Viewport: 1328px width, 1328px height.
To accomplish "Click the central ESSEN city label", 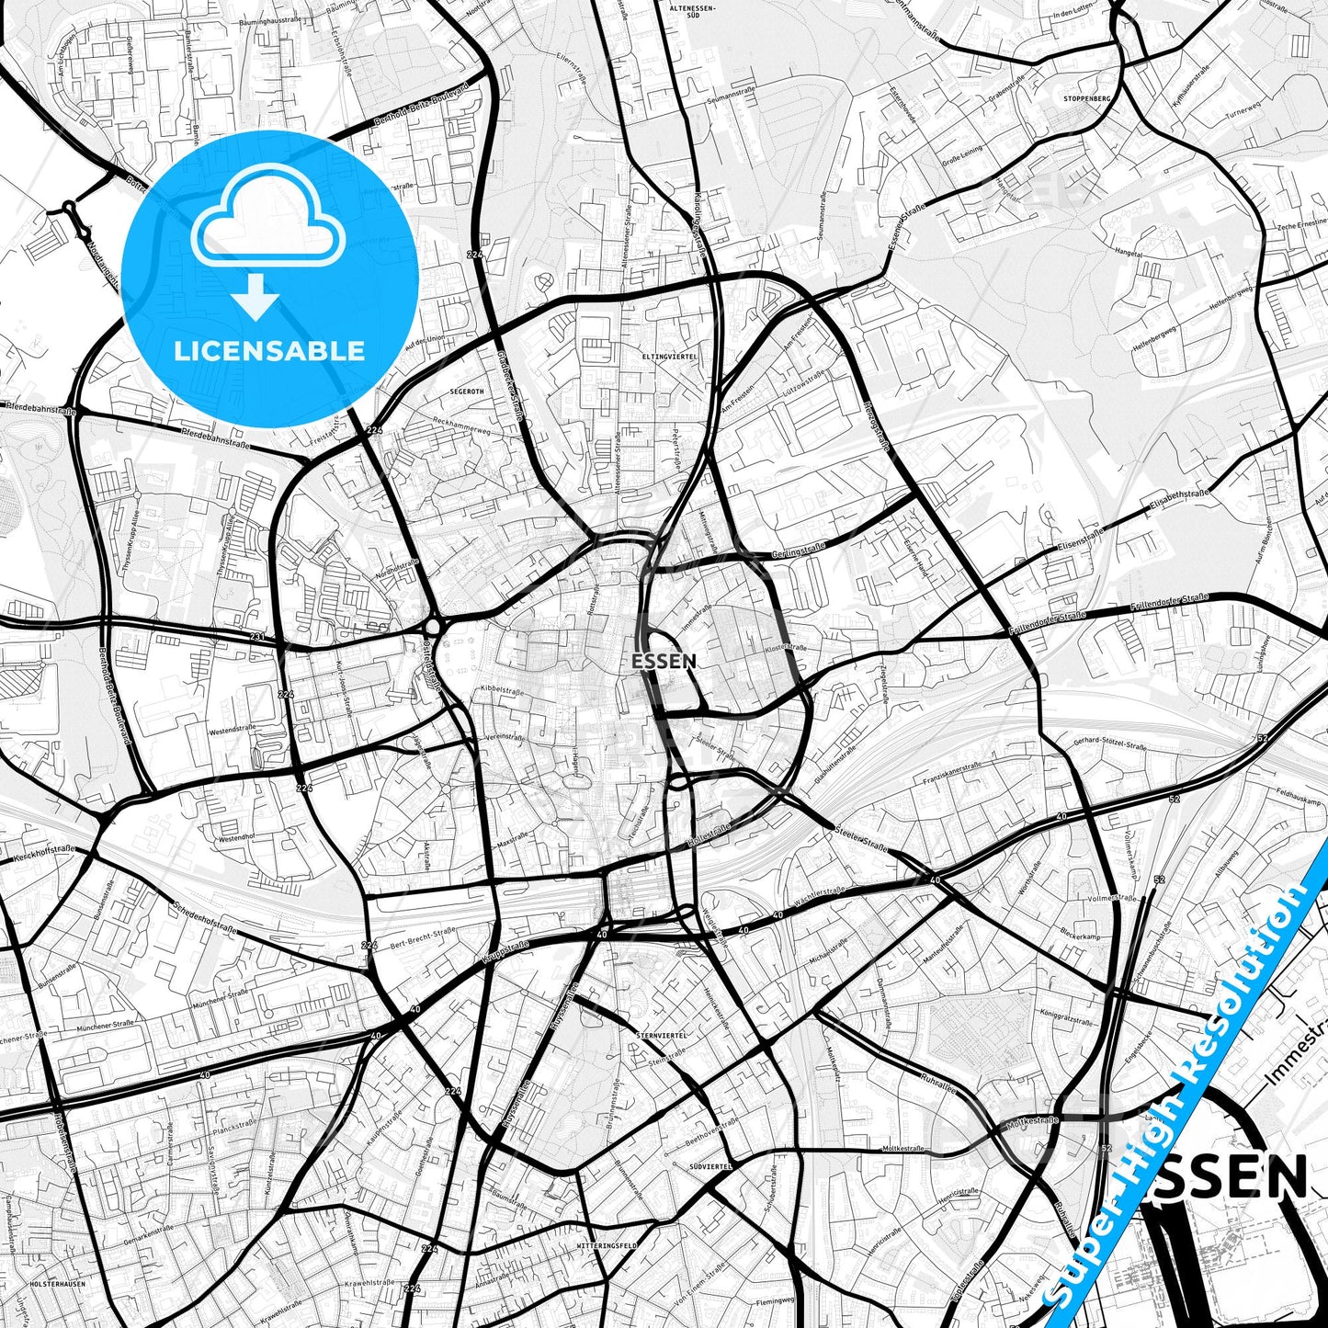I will click(664, 661).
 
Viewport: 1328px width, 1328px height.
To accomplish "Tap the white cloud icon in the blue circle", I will click(268, 224).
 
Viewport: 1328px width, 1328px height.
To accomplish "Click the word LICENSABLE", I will click(269, 350).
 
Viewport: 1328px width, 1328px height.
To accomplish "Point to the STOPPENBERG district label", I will click(1086, 98).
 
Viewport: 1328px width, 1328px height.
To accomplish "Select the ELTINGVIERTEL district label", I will click(670, 356).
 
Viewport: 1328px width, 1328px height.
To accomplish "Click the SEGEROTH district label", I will click(467, 391).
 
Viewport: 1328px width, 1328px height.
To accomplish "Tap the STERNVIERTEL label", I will click(661, 1035).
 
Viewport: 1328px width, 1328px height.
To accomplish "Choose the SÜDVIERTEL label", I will click(709, 1166).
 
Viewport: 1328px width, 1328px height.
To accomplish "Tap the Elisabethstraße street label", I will click(1178, 499).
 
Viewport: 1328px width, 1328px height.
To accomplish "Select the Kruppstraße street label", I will click(505, 951).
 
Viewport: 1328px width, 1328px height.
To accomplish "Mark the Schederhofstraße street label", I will click(204, 917).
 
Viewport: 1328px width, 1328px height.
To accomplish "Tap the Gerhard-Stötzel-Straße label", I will click(1109, 744).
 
